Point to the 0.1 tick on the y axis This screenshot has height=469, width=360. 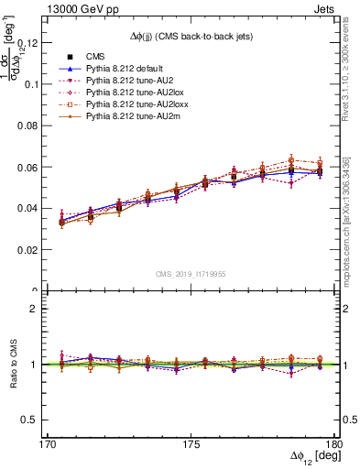[x=39, y=83]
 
